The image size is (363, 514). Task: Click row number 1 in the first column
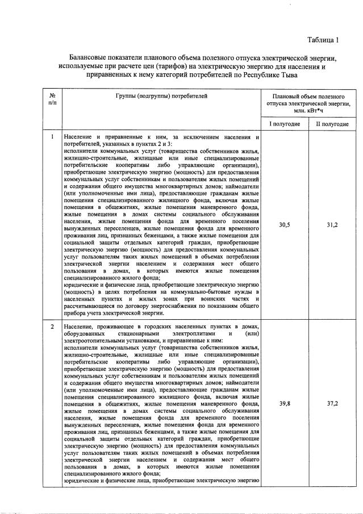[52, 137]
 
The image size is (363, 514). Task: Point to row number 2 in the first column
[52, 327]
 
